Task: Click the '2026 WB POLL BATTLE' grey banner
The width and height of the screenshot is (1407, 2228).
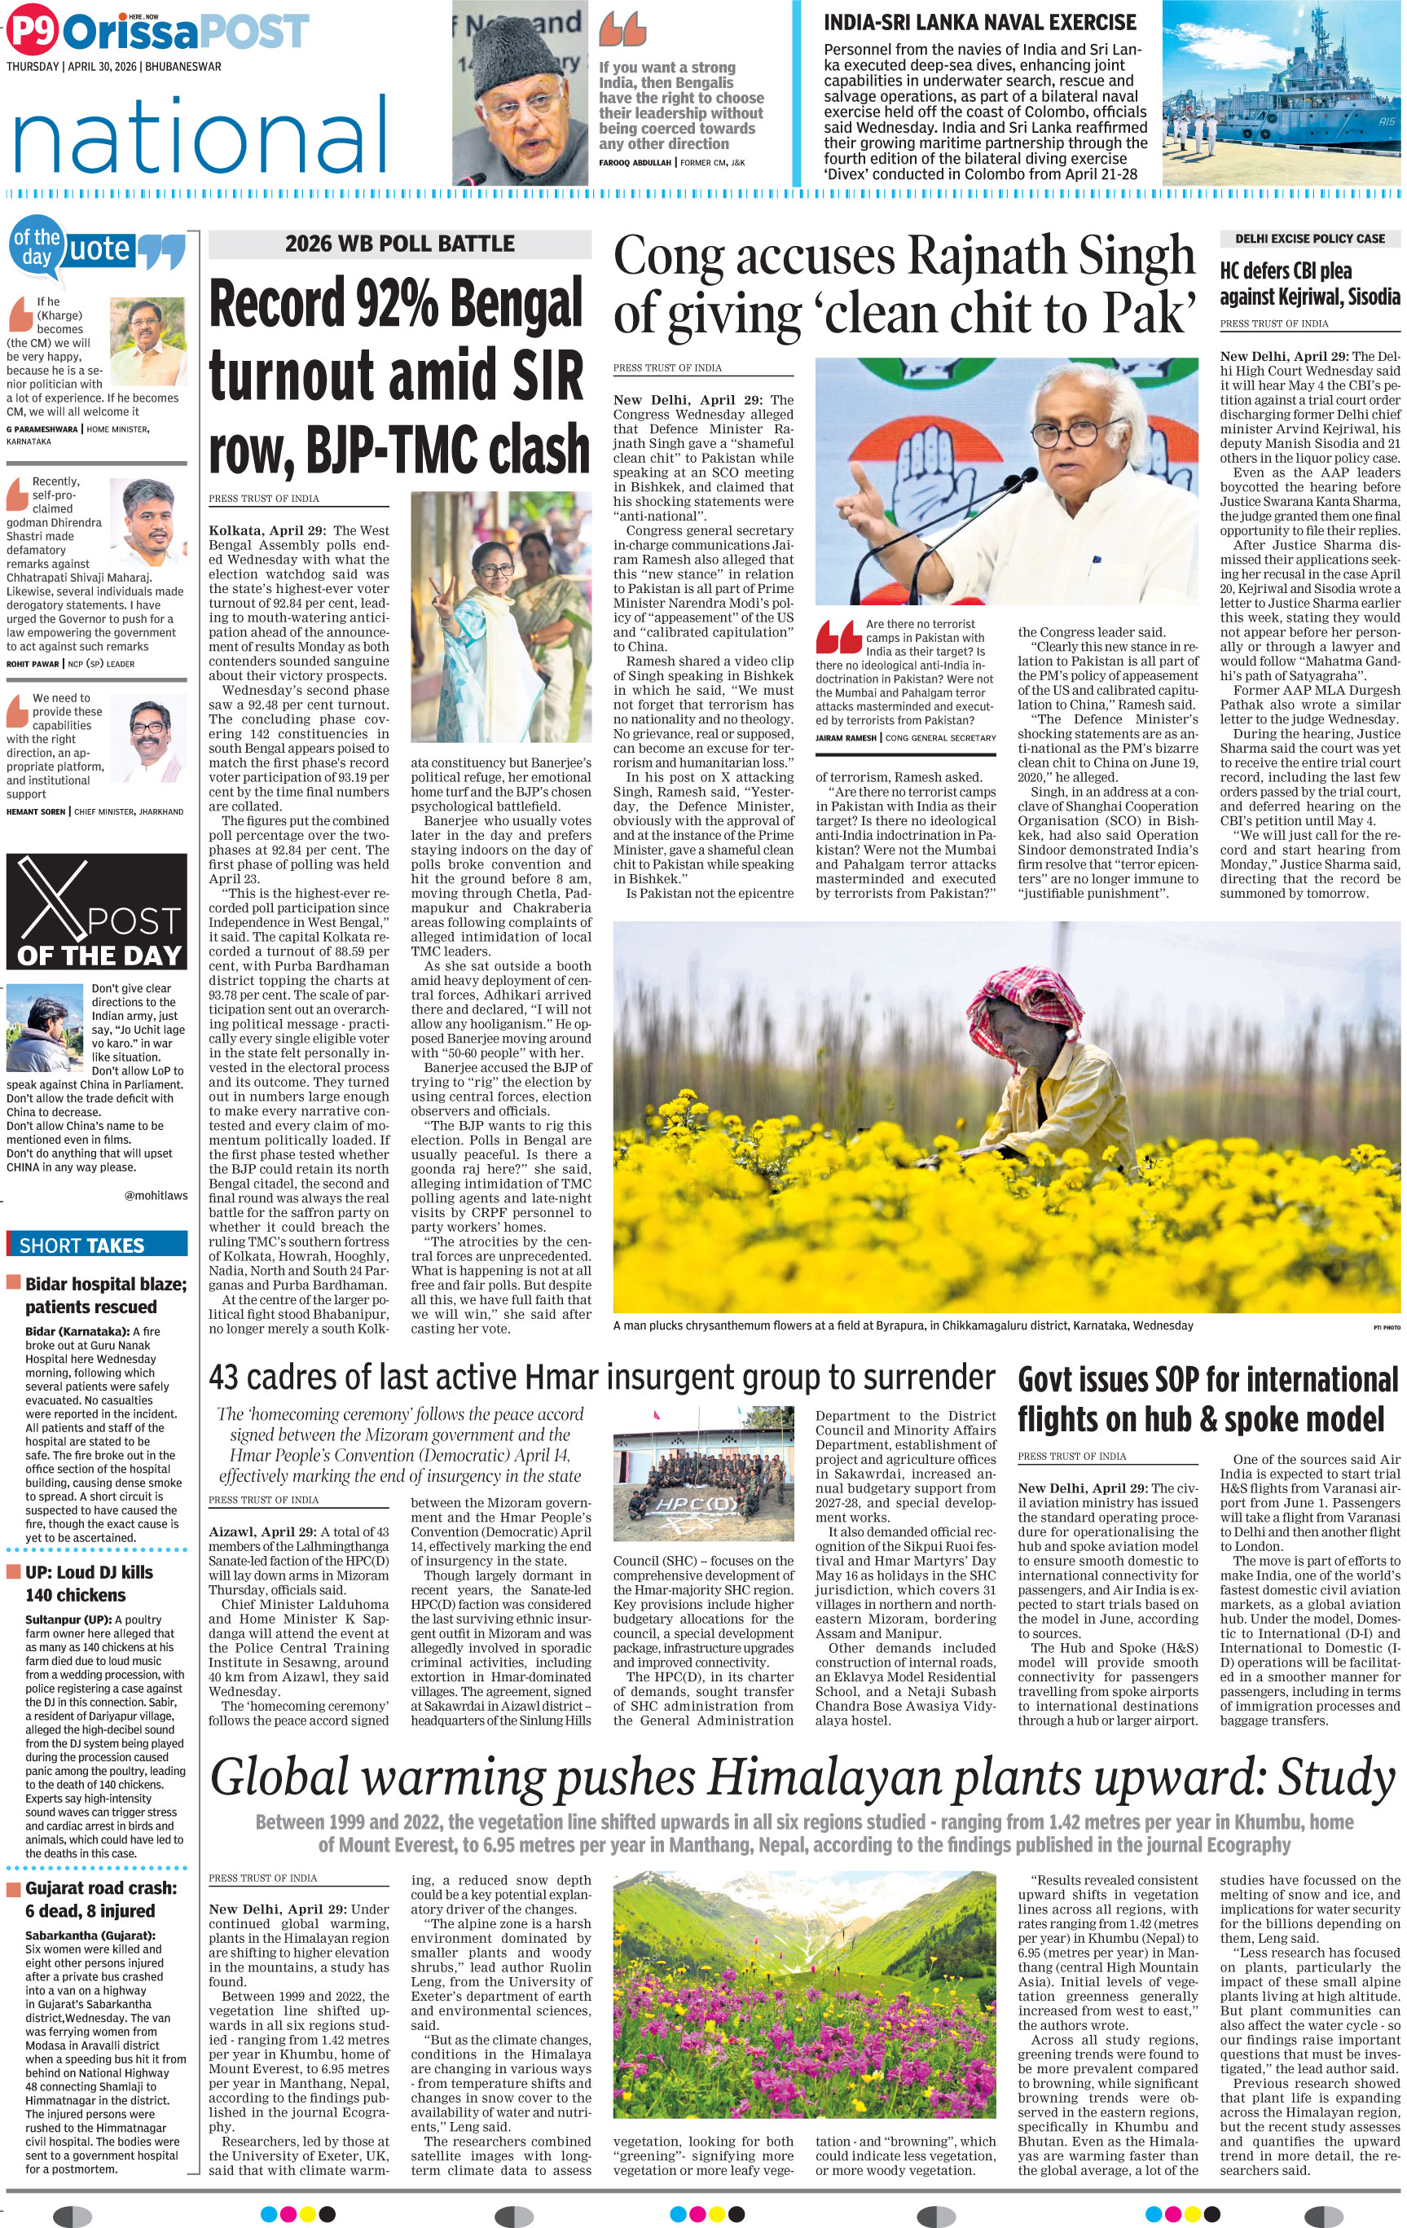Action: pyautogui.click(x=400, y=244)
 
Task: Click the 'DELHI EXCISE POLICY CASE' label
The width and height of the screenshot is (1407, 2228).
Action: pyautogui.click(x=1309, y=239)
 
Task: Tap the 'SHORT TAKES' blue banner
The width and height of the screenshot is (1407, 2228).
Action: pyautogui.click(x=82, y=1246)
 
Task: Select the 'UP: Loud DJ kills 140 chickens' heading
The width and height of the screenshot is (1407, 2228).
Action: pyautogui.click(x=89, y=1583)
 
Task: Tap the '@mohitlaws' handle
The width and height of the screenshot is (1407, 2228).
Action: pyautogui.click(x=156, y=1194)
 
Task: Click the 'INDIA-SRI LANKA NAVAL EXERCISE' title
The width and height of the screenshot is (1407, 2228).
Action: pyautogui.click(x=979, y=23)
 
